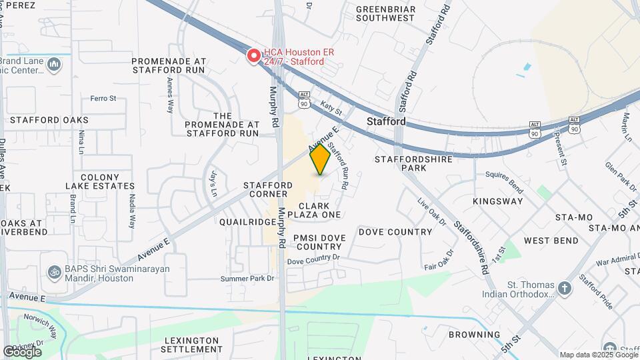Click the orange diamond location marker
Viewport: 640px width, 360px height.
click(x=321, y=160)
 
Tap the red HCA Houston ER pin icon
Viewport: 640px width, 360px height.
click(x=253, y=56)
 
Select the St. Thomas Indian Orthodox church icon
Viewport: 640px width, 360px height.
click(x=565, y=289)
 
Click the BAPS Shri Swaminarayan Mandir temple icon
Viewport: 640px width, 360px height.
click(x=53, y=273)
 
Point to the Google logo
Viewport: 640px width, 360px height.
click(x=22, y=352)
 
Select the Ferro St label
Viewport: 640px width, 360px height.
click(x=103, y=98)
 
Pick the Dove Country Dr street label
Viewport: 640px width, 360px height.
click(x=313, y=258)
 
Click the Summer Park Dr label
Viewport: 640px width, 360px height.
click(x=253, y=278)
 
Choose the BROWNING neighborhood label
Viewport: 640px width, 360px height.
click(x=474, y=335)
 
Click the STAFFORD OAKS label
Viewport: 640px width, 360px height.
click(x=49, y=120)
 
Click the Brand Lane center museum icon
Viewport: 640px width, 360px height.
click(x=55, y=65)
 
